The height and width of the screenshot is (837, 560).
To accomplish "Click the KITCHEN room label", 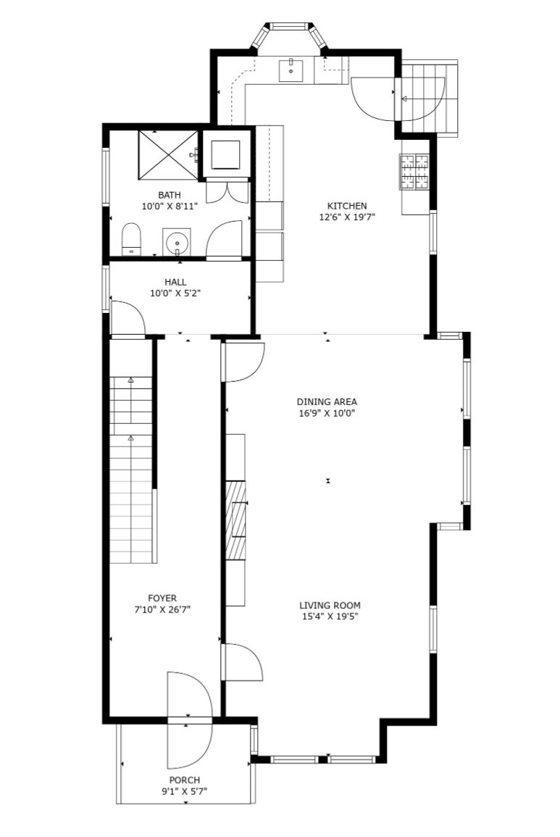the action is [x=347, y=206].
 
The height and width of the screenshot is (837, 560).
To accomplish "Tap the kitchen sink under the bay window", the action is [x=291, y=70].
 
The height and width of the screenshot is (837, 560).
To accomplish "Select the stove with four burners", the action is [x=414, y=171].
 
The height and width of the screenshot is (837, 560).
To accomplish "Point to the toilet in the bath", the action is [x=131, y=239].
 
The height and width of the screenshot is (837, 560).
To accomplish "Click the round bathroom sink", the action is [x=177, y=243].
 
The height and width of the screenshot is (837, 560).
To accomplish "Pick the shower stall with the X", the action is [x=169, y=154].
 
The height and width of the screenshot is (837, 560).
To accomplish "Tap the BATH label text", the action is [x=170, y=195].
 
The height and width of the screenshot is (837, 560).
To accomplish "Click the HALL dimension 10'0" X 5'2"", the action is [x=175, y=293].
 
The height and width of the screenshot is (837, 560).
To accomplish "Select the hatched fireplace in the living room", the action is [x=235, y=520].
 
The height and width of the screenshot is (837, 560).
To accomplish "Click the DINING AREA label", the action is [x=327, y=401].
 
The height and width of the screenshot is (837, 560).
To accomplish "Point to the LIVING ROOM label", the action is [x=330, y=605].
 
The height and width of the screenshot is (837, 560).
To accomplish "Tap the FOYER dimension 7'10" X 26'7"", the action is [x=162, y=609].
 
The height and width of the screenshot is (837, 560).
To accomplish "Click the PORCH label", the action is [x=185, y=780].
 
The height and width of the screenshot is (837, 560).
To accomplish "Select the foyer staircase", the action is [x=133, y=470].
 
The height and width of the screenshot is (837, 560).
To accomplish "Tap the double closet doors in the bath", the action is [x=227, y=192].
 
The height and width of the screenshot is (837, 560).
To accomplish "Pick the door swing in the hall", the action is [x=128, y=319].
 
